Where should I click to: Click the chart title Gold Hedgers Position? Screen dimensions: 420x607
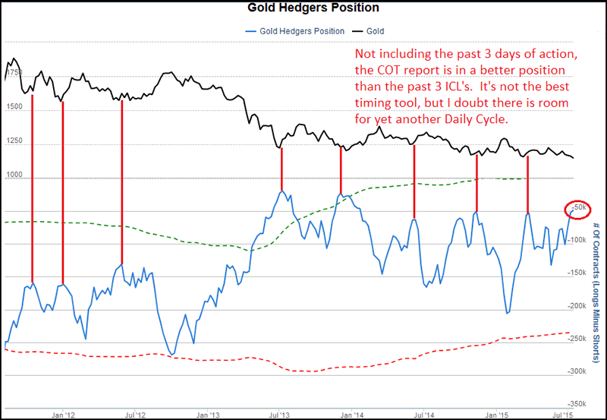pos(303,8)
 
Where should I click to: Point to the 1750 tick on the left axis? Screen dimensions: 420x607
pos(14,74)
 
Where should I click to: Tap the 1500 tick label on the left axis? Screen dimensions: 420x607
pos(14,108)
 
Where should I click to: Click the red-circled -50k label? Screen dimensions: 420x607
pos(579,207)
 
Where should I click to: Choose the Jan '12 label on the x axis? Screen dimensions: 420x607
pos(63,415)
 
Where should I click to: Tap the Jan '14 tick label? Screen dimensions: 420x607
pos(351,415)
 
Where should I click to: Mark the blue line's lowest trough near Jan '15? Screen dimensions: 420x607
pos(506,313)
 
